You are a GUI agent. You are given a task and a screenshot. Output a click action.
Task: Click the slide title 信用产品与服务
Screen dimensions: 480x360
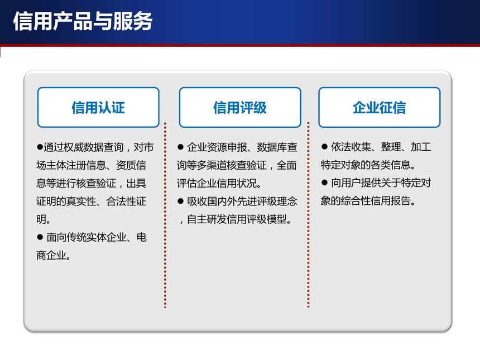tap(83, 21)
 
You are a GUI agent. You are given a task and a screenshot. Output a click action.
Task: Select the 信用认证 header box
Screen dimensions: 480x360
tap(98, 108)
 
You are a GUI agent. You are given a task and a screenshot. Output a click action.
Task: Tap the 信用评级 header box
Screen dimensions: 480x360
tap(240, 108)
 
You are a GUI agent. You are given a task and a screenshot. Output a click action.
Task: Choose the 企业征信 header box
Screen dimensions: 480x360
tap(380, 108)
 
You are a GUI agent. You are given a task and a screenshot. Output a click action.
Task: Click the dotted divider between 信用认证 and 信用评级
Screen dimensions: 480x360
tap(165, 215)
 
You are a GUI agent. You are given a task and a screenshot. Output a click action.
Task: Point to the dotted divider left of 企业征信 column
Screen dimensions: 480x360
tap(308, 214)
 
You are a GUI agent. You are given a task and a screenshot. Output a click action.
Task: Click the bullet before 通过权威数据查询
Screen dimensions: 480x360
tap(40, 147)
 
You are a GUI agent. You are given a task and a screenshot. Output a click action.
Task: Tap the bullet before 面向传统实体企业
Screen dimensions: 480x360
tap(40, 237)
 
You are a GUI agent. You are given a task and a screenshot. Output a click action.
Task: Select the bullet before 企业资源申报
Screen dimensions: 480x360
tap(180, 147)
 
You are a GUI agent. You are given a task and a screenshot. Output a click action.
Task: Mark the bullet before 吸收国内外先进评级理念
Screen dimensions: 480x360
tap(180, 201)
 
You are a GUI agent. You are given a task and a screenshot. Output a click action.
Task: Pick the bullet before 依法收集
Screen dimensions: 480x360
tap(324, 147)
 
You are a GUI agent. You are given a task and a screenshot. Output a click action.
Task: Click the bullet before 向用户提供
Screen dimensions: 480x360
tap(324, 183)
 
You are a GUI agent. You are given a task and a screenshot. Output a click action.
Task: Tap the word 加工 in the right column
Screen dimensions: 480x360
tap(421, 147)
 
